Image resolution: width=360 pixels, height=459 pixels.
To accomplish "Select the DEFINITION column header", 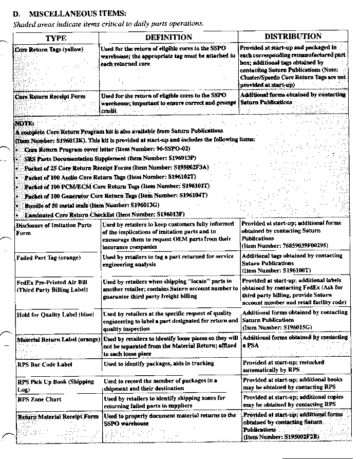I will [x=168, y=37].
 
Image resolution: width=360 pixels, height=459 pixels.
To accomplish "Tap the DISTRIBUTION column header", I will [x=293, y=36].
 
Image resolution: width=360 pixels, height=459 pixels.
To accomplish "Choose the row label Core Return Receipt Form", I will [x=50, y=96].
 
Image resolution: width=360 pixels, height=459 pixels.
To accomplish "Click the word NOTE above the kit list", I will [x=25, y=124].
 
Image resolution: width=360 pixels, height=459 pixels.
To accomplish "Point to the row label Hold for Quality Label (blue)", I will [x=55, y=314].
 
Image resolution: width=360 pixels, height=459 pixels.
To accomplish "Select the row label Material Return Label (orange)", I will [x=58, y=340].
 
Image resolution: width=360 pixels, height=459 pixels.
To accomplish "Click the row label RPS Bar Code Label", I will [x=44, y=364].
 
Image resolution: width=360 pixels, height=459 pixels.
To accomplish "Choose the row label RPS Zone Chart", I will [x=39, y=399].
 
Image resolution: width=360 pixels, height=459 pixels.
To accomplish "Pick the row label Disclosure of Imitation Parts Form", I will [x=53, y=229].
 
